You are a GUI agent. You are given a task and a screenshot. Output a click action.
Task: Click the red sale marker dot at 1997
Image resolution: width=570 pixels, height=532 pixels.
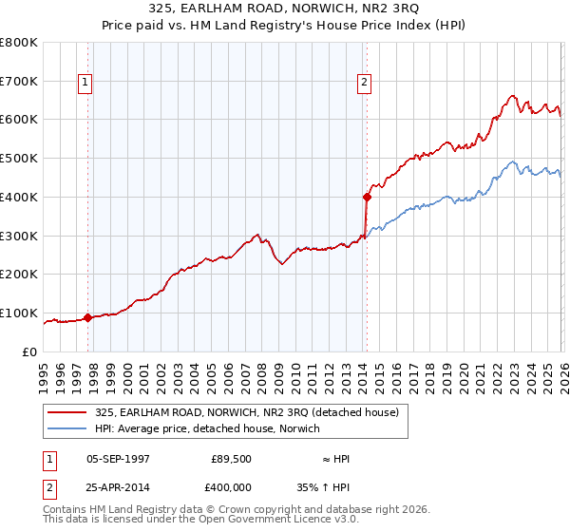(x=87, y=317)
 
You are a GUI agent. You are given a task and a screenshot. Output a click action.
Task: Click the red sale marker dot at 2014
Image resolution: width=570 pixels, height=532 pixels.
(x=366, y=198)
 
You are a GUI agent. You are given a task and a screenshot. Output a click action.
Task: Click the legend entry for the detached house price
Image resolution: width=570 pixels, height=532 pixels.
(x=252, y=412)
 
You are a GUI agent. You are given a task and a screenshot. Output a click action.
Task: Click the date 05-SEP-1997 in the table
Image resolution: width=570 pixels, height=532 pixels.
(x=118, y=459)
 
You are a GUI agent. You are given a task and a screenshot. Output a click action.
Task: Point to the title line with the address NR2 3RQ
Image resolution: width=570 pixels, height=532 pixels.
(x=284, y=9)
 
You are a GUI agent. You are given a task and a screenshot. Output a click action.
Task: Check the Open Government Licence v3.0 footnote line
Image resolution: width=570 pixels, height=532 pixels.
(x=194, y=520)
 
